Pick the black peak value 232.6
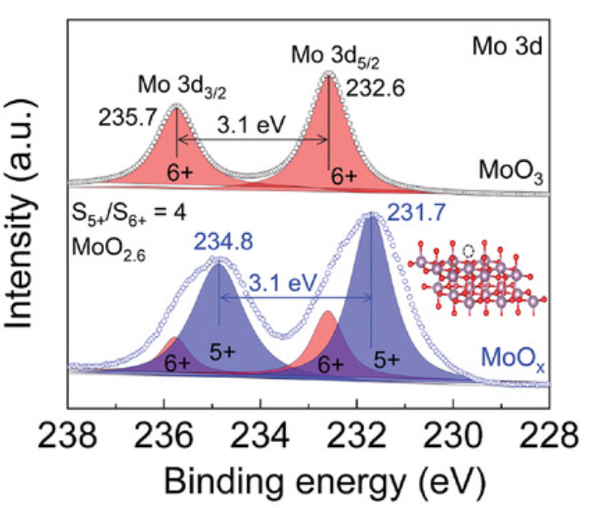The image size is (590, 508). pyautogui.click(x=373, y=87)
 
